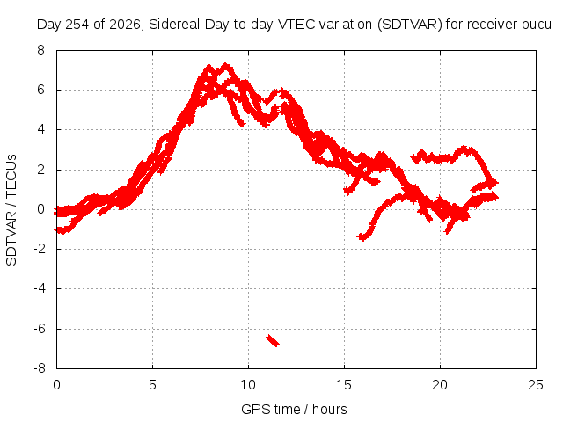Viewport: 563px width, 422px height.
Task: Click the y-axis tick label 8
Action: coord(40,50)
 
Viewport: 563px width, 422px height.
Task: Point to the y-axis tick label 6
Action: coord(40,90)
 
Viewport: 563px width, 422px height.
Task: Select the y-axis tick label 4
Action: coord(40,129)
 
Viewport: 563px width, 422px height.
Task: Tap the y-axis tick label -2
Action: coord(39,249)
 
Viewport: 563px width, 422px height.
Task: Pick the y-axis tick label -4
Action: coord(39,288)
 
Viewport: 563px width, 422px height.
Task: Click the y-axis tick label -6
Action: coord(39,329)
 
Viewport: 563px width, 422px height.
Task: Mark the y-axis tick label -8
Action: coord(39,368)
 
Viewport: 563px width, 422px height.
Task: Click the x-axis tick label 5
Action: coord(152,385)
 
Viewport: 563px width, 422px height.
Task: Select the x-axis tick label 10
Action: coord(248,385)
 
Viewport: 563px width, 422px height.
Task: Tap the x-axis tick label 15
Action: coord(344,385)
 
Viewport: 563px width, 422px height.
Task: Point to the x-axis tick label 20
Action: coord(440,385)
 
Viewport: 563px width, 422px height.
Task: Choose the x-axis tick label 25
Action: coord(536,385)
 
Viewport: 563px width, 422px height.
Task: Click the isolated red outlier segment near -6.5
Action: coord(273,340)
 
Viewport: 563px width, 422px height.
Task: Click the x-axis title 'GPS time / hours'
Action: coord(294,409)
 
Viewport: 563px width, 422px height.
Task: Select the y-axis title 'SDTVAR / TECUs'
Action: coord(11,210)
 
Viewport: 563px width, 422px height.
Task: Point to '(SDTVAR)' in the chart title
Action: coord(410,25)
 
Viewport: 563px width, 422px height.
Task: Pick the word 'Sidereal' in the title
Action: coord(175,25)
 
